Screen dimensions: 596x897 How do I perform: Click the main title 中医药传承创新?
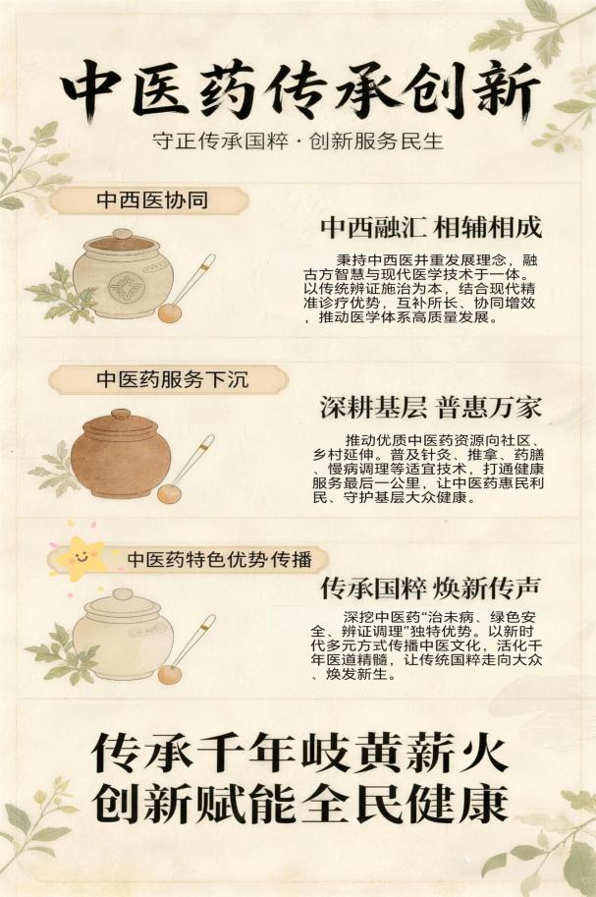coord(299,91)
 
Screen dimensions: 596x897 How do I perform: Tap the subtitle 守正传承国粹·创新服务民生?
coord(298,140)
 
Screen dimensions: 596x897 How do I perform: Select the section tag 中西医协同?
coord(152,200)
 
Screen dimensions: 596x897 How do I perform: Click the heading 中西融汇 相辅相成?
coord(431,228)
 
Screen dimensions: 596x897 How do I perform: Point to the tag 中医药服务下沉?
coord(173,379)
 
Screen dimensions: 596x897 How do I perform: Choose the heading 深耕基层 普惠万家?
coord(431,408)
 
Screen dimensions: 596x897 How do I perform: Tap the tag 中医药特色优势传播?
coord(220,558)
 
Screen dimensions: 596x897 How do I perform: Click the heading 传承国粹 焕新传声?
coord(431,588)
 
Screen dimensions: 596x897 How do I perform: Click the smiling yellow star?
coord(81,556)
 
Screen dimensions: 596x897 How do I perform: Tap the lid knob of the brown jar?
coord(121,414)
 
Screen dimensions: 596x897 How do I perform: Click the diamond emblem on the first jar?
coord(126,287)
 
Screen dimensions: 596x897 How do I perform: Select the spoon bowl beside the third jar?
coord(170,674)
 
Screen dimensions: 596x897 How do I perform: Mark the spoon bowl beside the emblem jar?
coord(169,313)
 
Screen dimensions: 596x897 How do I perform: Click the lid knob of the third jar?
coord(122,594)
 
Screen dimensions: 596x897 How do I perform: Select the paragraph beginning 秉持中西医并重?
coord(420,288)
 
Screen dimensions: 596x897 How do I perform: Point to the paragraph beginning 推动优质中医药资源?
coord(428,469)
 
